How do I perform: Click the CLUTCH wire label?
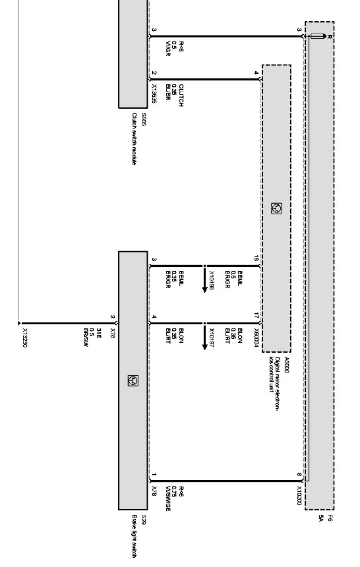[x=181, y=95]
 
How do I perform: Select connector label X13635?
[x=154, y=94]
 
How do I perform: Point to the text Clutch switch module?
[x=134, y=139]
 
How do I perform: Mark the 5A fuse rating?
[x=321, y=518]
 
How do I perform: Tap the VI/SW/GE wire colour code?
[x=168, y=499]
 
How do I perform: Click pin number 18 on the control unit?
[x=256, y=258]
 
